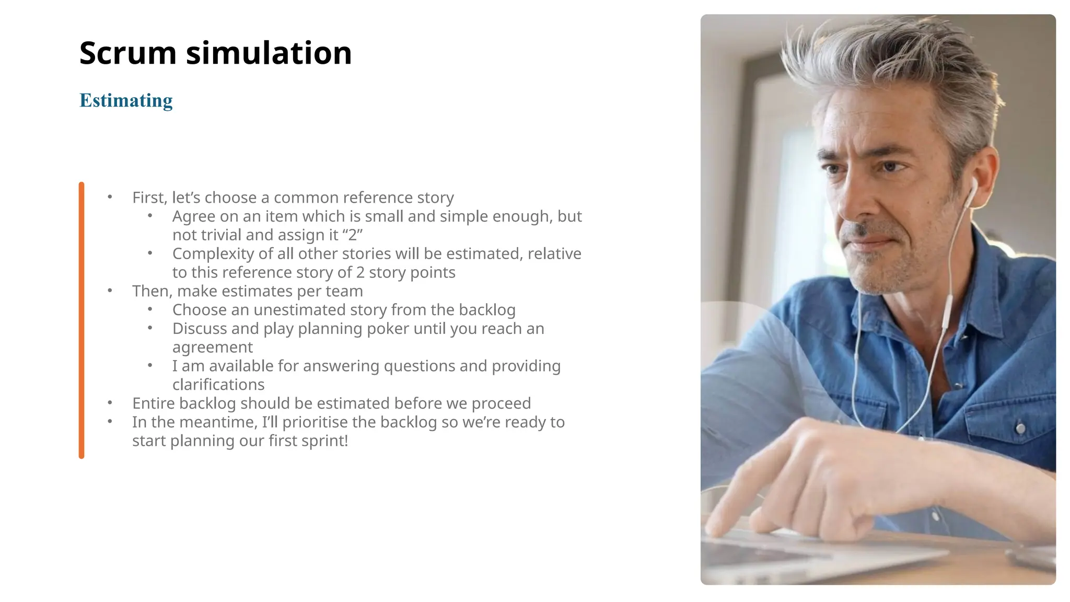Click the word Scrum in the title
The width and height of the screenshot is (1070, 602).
point(128,53)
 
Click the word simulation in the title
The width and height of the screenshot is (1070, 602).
point(269,53)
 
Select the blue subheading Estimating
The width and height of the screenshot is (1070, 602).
point(126,100)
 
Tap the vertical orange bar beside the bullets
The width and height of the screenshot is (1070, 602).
point(82,320)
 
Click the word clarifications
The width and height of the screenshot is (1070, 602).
point(218,385)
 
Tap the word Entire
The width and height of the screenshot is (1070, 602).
point(154,403)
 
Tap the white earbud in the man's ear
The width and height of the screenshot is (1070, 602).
point(973,187)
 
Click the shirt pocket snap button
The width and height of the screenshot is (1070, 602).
point(1019,429)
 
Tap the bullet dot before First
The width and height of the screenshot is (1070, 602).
point(110,197)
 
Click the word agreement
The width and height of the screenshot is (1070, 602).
point(212,348)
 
